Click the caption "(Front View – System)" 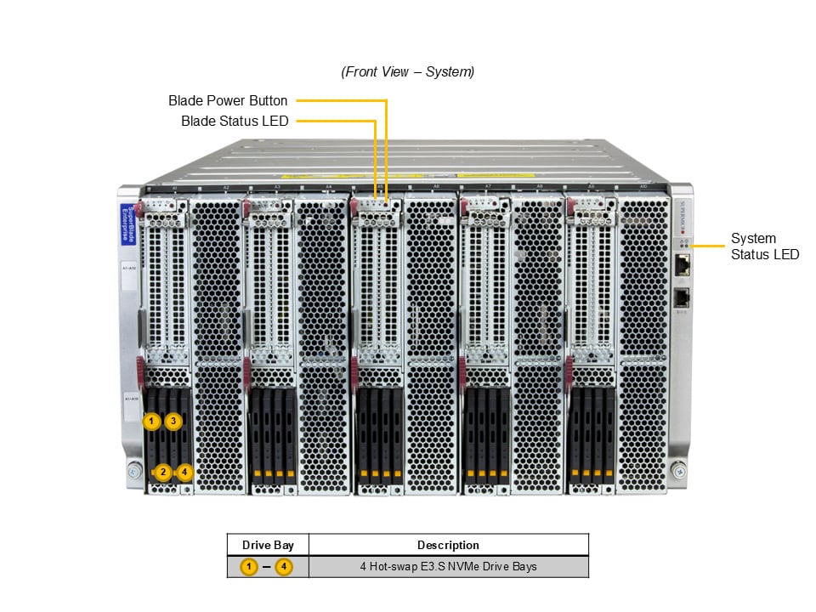[x=407, y=72]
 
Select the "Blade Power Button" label [x=228, y=101]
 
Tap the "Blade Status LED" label [x=235, y=122]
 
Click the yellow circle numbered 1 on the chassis [x=151, y=421]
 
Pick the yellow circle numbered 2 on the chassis [x=164, y=473]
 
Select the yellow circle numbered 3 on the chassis [x=173, y=421]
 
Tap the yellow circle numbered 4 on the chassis [x=185, y=473]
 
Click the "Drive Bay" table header [x=268, y=545]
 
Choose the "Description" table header [x=448, y=545]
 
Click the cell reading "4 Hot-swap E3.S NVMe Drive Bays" [x=448, y=566]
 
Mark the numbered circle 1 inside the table [x=249, y=566]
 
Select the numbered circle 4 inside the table [x=284, y=566]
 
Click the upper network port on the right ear [x=683, y=264]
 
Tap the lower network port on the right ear [x=683, y=297]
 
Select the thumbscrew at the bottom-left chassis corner [x=133, y=470]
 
